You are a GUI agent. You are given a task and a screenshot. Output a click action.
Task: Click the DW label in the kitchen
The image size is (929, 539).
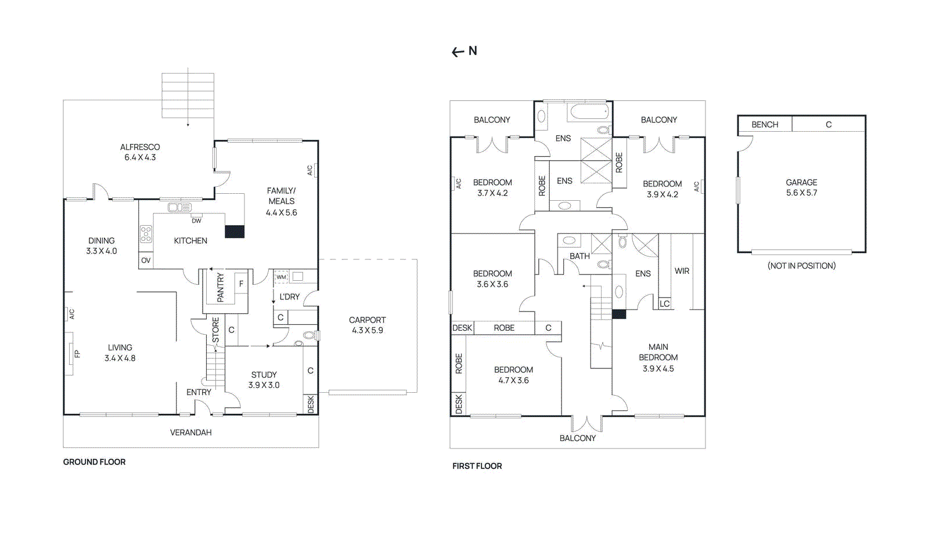(x=196, y=220)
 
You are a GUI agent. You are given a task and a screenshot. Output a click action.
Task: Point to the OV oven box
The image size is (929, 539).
(x=146, y=261)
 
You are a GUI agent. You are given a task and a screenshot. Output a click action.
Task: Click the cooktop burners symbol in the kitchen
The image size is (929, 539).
(x=146, y=234)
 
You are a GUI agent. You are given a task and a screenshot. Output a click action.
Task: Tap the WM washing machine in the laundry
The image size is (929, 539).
(x=281, y=277)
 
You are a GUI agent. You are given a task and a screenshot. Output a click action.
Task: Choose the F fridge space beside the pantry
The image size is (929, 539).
(x=241, y=284)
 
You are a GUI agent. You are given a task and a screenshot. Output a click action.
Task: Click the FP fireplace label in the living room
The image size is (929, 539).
(x=77, y=353)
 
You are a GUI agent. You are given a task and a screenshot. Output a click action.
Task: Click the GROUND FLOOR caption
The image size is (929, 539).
(x=94, y=462)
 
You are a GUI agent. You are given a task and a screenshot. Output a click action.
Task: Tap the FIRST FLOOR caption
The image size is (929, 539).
(x=477, y=466)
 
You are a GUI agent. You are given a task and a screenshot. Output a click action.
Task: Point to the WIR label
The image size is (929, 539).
(x=682, y=271)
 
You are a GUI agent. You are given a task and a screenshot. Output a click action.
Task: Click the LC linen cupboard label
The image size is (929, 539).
(x=665, y=303)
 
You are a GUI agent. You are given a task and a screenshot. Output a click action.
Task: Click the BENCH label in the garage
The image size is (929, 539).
(x=765, y=125)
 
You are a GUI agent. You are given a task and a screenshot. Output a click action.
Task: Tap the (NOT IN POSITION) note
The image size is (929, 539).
(x=801, y=266)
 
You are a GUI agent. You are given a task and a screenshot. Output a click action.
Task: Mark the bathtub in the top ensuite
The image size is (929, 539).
(x=589, y=111)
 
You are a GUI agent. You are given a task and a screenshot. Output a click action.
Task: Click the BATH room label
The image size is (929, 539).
(x=579, y=256)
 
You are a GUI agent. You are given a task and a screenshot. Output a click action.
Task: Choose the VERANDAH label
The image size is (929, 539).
(x=190, y=432)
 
